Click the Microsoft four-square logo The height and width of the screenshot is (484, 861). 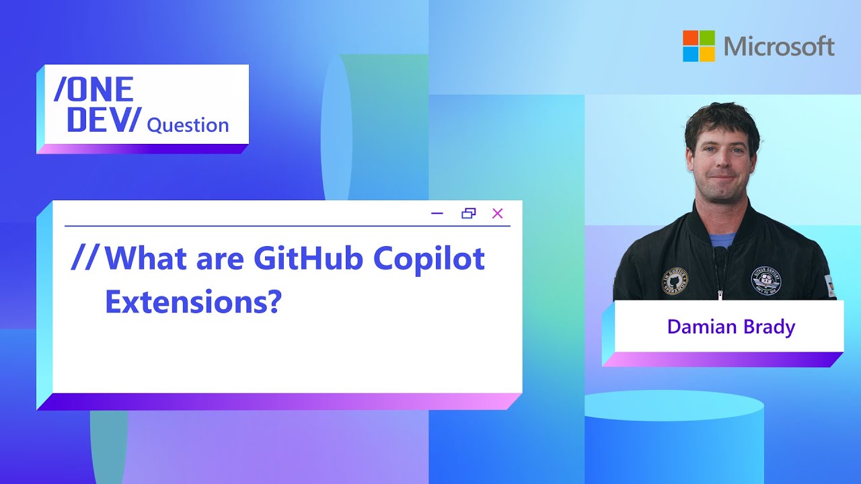point(700,46)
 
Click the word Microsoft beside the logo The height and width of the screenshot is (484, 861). point(780,46)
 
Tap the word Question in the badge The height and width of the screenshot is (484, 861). point(188,125)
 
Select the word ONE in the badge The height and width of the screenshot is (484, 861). point(94,89)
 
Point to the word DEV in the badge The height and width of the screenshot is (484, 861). point(98,119)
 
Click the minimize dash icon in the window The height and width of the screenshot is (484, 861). point(437,214)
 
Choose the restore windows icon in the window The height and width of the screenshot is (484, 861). point(468,214)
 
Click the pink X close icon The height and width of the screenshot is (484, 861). point(498,214)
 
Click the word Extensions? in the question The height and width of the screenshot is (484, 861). point(192,302)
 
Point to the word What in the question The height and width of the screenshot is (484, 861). point(148,259)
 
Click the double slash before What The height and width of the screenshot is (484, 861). point(85,259)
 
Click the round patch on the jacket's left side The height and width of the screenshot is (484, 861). point(675,282)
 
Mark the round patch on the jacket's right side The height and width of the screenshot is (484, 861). point(766,280)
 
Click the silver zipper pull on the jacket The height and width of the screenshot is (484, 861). point(720,294)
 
